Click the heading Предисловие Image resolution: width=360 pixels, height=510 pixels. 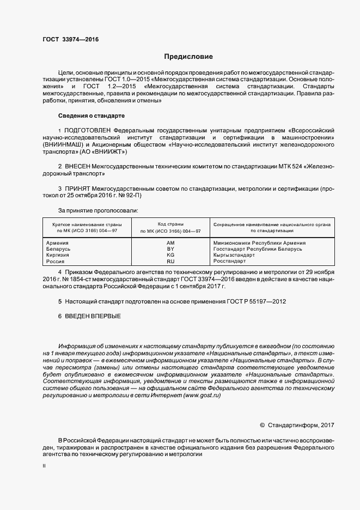click(x=188, y=56)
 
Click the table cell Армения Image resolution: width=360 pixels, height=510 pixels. click(x=58, y=242)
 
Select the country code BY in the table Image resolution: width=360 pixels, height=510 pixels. click(x=170, y=248)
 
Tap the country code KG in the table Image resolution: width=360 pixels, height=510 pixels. click(x=170, y=254)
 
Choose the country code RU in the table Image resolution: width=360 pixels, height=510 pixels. click(x=170, y=261)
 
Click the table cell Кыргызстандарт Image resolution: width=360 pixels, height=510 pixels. click(x=234, y=254)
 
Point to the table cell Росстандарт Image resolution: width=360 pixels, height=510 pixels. click(x=229, y=261)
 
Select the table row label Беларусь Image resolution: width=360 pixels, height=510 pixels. click(x=59, y=248)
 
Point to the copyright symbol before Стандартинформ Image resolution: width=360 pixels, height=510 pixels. click(x=263, y=424)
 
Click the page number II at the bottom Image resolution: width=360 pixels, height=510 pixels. click(x=44, y=467)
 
